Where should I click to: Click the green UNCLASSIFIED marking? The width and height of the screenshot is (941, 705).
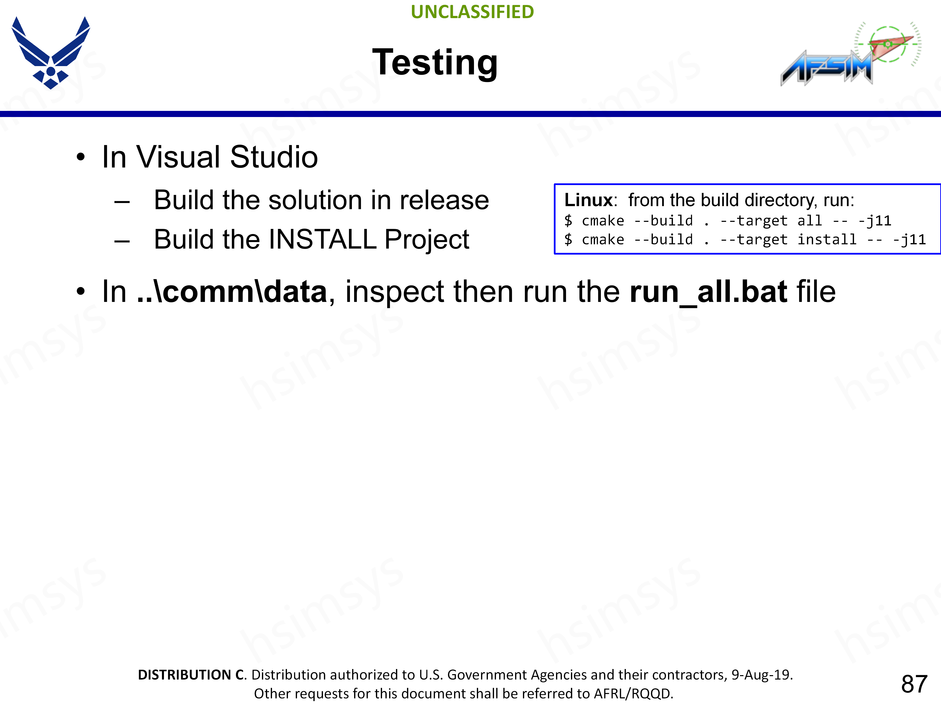point(472,12)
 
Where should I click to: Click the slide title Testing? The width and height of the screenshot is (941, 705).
point(435,63)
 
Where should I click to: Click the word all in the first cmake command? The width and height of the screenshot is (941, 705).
point(810,221)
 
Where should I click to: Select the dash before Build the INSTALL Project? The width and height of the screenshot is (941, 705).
point(122,241)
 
